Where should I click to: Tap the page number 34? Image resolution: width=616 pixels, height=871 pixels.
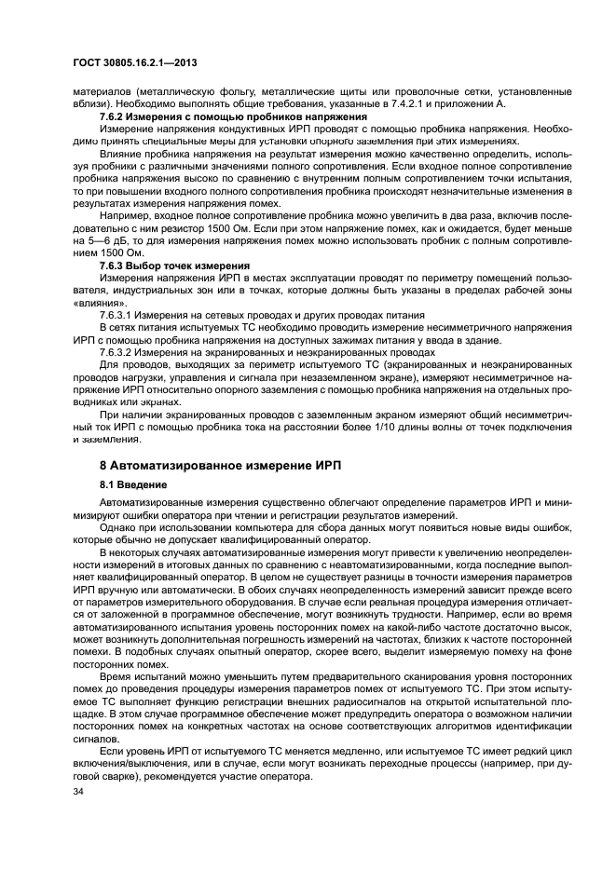[78, 790]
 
